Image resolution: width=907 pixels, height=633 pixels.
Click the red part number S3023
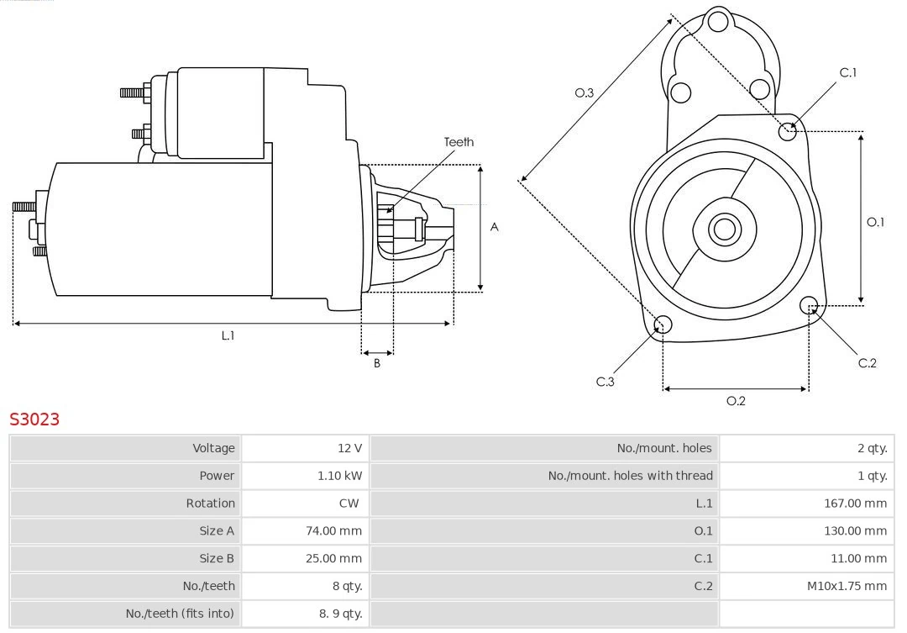click(x=34, y=419)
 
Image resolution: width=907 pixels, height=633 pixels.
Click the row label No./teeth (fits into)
click(x=180, y=614)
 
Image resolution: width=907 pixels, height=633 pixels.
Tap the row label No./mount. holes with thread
click(x=630, y=476)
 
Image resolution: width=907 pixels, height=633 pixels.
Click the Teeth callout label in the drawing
click(x=459, y=142)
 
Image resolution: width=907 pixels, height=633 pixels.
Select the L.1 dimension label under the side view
click(x=228, y=335)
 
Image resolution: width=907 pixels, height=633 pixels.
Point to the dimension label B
click(x=377, y=364)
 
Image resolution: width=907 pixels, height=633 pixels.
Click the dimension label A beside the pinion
click(x=495, y=227)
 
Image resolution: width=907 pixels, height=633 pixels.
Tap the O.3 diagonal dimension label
click(x=585, y=93)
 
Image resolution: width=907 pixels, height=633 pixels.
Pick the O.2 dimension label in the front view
click(x=736, y=401)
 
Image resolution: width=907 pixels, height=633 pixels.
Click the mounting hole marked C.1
click(x=788, y=130)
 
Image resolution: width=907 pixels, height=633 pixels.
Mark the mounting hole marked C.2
click(x=809, y=304)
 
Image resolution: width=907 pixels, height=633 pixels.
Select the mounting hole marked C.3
click(x=663, y=325)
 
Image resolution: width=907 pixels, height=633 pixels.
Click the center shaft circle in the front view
click(x=723, y=229)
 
